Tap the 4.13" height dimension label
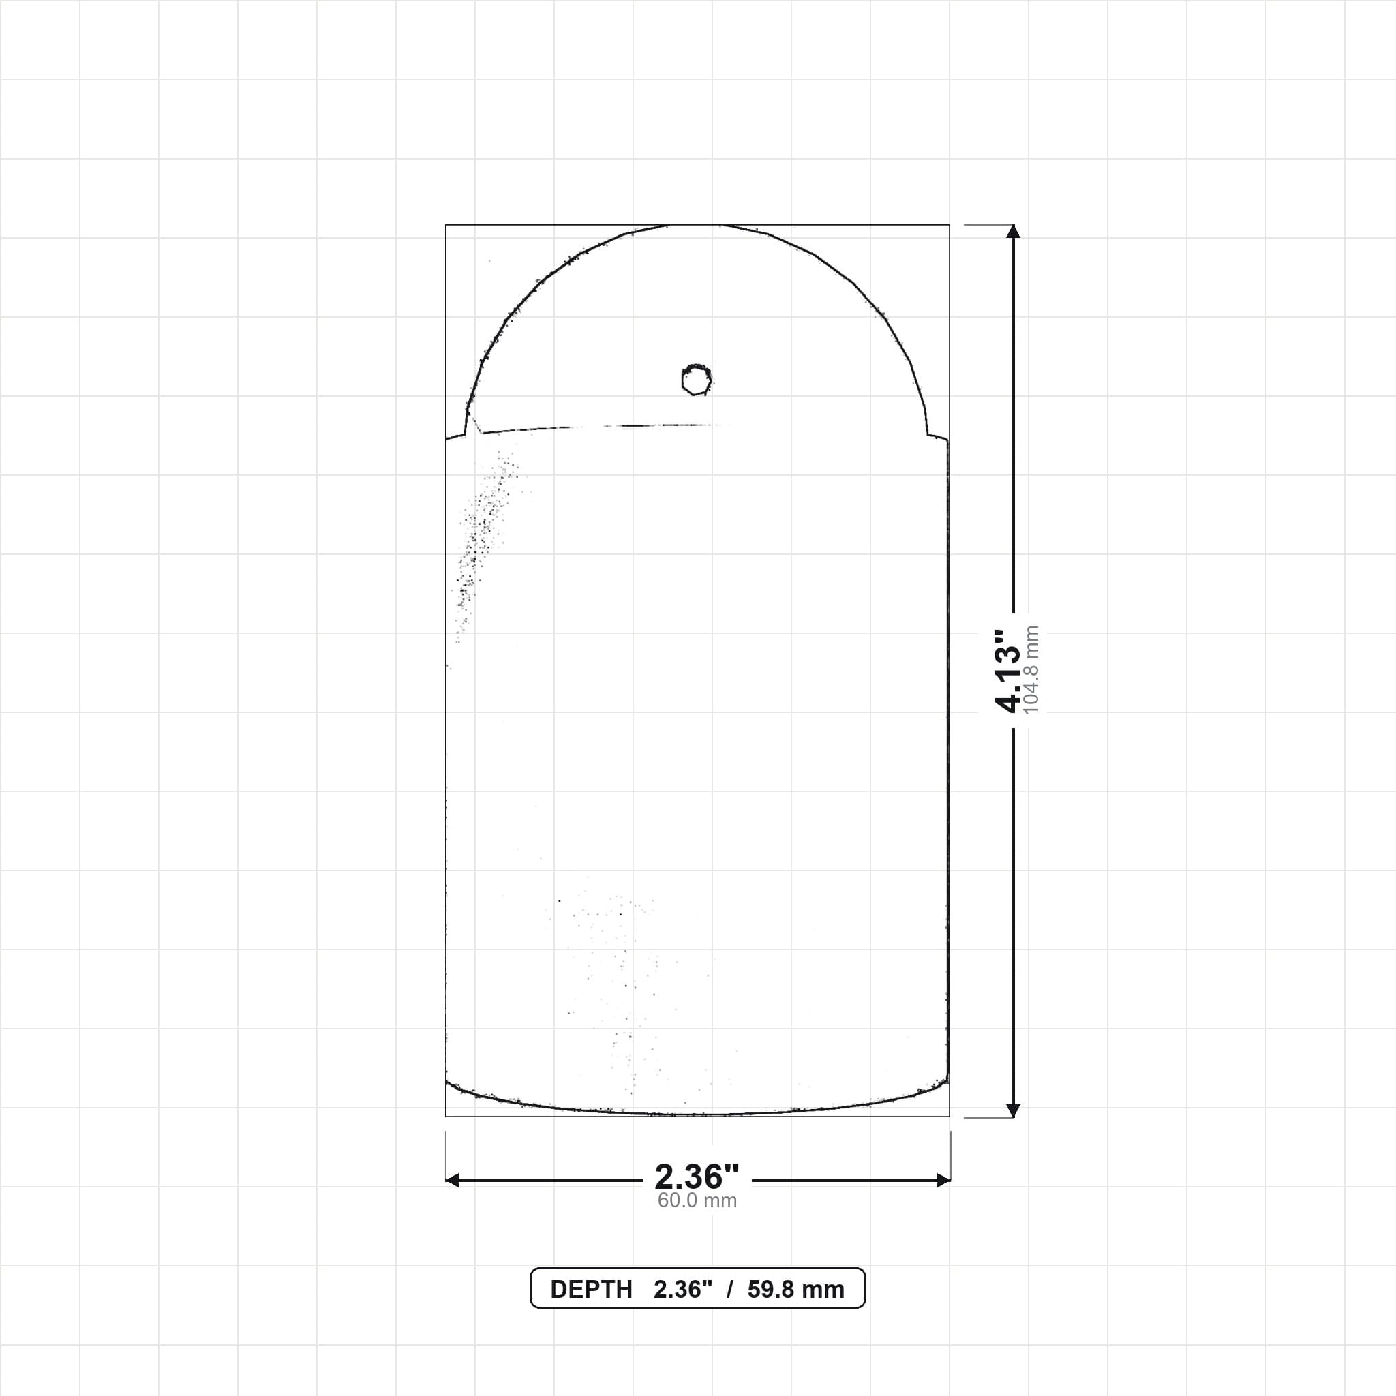(1007, 671)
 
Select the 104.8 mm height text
(1031, 670)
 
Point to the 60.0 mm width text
(697, 1200)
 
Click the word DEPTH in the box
(591, 1290)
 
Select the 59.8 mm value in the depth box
(795, 1290)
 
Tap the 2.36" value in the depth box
(683, 1290)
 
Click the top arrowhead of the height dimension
(1013, 230)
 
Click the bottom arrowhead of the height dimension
(1013, 1110)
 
